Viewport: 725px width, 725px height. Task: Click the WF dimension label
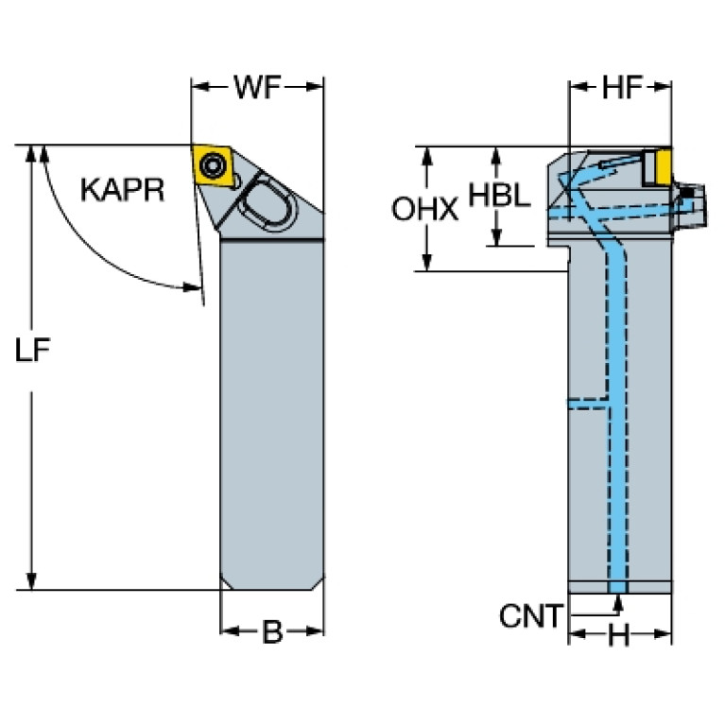click(x=258, y=88)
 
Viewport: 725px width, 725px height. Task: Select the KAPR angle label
click(x=122, y=190)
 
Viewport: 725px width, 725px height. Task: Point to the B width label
click(x=271, y=632)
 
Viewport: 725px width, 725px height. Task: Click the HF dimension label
click(x=621, y=88)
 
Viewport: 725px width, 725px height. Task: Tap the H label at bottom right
click(x=618, y=637)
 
